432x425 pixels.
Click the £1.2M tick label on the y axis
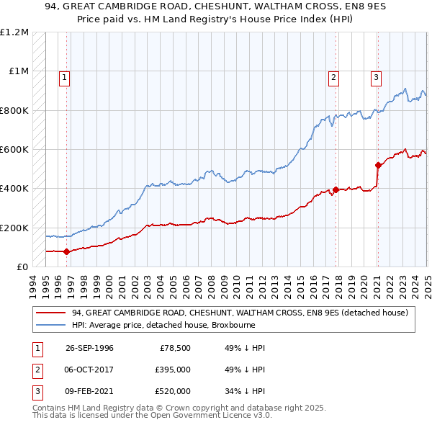coord(14,32)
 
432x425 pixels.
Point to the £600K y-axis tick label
coord(14,150)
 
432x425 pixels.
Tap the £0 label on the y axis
coord(22,267)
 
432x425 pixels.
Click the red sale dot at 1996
coord(66,251)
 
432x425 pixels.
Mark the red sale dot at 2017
coord(336,189)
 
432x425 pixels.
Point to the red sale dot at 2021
coord(378,165)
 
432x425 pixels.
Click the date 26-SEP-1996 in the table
coord(89,348)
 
